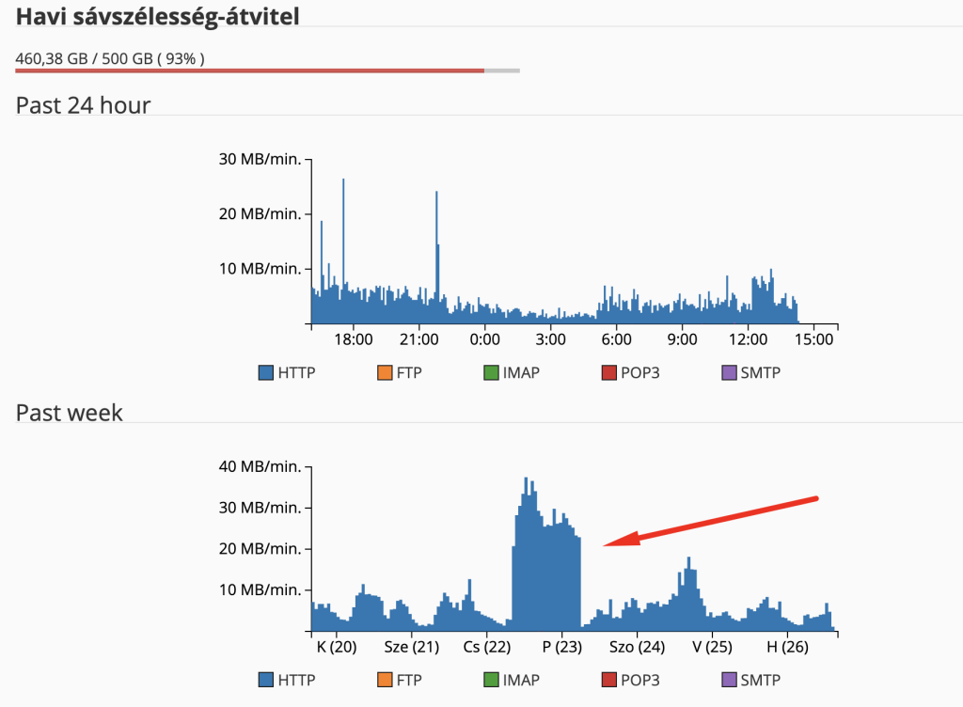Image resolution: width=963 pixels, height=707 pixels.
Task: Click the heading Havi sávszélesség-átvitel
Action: point(157,17)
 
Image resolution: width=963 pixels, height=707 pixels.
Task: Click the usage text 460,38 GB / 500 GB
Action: point(110,59)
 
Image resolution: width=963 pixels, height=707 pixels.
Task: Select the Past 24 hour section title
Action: point(83,105)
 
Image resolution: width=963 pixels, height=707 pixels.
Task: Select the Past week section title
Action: point(70,412)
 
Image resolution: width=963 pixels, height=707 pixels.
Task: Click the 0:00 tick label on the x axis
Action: point(484,338)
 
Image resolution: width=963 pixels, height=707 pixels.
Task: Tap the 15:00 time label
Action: point(813,338)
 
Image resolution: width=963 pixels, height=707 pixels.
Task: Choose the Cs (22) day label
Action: point(487,647)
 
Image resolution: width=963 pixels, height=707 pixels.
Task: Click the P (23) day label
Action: point(562,647)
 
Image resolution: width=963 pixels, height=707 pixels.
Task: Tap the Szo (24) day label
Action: point(637,647)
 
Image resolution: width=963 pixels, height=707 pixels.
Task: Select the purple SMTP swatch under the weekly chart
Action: point(728,680)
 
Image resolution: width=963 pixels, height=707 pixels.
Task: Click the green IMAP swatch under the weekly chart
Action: point(490,680)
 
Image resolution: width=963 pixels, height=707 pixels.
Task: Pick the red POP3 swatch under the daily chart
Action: point(608,373)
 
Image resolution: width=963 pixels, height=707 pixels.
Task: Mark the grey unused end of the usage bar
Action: point(502,71)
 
